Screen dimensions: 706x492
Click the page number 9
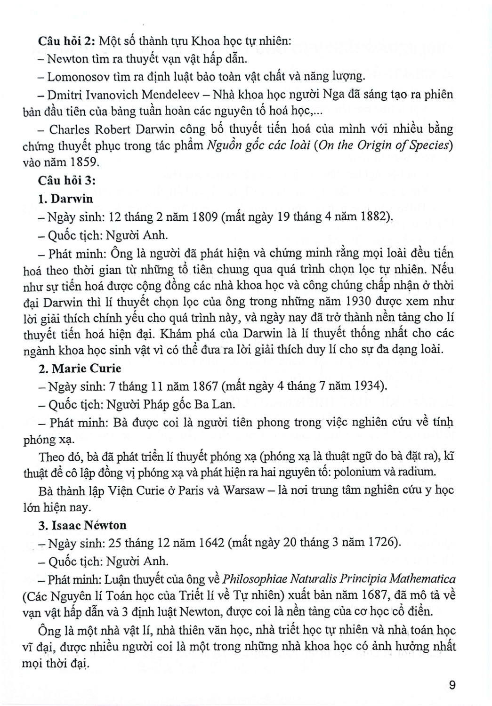[452, 685]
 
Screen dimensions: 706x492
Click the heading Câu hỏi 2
[65, 41]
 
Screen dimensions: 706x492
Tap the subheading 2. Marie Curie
[80, 368]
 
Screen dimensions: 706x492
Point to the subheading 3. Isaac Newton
[82, 525]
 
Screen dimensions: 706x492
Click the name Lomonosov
[79, 76]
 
